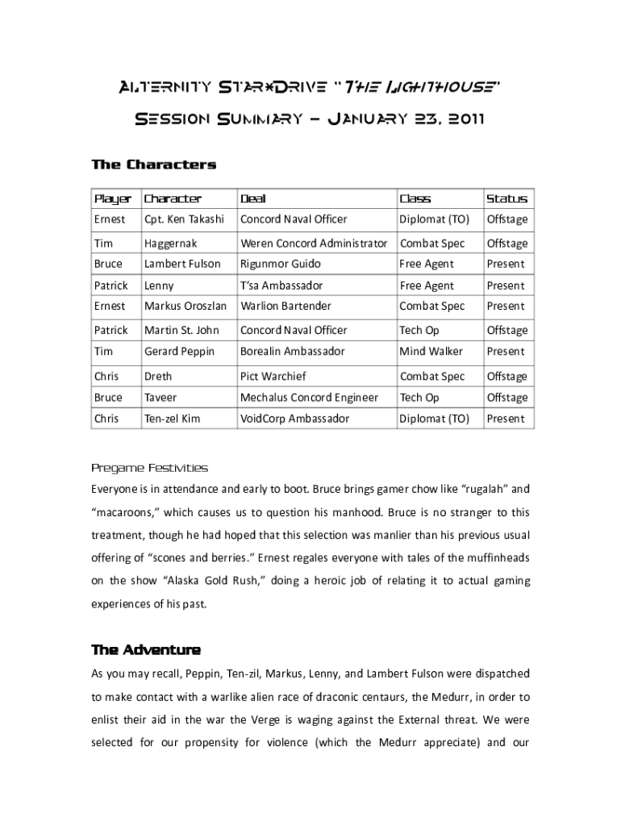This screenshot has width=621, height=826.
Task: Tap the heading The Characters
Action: pyautogui.click(x=153, y=165)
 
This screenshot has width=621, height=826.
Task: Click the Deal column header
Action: pyautogui.click(x=252, y=198)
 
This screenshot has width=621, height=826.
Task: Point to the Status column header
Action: pyautogui.click(x=506, y=198)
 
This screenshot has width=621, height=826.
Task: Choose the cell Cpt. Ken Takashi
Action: pyautogui.click(x=184, y=219)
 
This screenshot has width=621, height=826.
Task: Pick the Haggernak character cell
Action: pyautogui.click(x=170, y=243)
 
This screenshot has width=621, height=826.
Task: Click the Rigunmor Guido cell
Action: pyautogui.click(x=280, y=264)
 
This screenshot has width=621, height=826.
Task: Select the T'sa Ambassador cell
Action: pyautogui.click(x=281, y=286)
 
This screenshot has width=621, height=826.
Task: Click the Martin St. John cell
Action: pyautogui.click(x=182, y=330)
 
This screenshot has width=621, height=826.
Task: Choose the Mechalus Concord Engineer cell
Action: pyautogui.click(x=309, y=398)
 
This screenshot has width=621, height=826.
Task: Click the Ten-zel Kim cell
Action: pyautogui.click(x=172, y=419)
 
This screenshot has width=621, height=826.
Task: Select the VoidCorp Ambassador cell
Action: pyautogui.click(x=294, y=419)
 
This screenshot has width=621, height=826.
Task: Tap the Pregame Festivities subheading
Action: pyautogui.click(x=149, y=468)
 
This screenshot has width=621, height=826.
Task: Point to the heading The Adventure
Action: pyautogui.click(x=146, y=650)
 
